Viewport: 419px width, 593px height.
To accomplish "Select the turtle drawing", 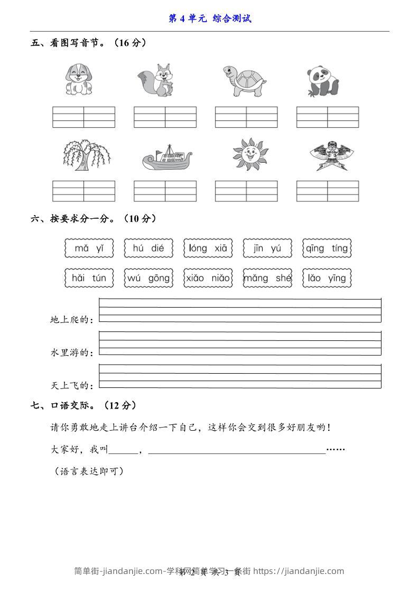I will coord(243,81).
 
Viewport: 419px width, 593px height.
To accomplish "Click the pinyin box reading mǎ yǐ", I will coord(89,248).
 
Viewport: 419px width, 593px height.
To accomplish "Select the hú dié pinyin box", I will coord(148,248).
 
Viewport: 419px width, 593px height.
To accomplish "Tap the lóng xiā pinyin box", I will coord(208,248).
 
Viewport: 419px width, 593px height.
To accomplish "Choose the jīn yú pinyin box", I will coord(267,248).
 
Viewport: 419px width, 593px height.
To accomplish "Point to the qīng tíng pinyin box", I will coord(327,248).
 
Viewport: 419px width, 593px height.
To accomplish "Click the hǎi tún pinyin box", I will coord(89,278).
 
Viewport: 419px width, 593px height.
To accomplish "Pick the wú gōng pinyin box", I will coord(148,278).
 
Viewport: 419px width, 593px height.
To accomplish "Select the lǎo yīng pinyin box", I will coord(327,278).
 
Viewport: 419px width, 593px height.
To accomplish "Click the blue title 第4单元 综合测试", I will coord(210,18).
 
